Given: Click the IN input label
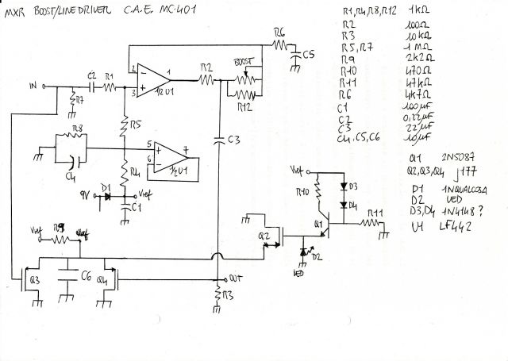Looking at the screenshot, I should pos(32,83).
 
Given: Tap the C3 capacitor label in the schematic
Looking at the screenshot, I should pos(233,140).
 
